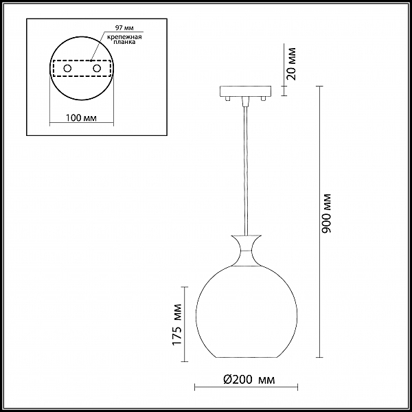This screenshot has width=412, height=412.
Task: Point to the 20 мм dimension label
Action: coord(292,63)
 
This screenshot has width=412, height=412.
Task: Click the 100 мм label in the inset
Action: coord(81,117)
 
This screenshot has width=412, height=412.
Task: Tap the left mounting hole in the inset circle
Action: coord(67,69)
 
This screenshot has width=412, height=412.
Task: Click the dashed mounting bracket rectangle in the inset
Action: coord(82,69)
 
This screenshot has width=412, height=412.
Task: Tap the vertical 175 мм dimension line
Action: coord(185,323)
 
